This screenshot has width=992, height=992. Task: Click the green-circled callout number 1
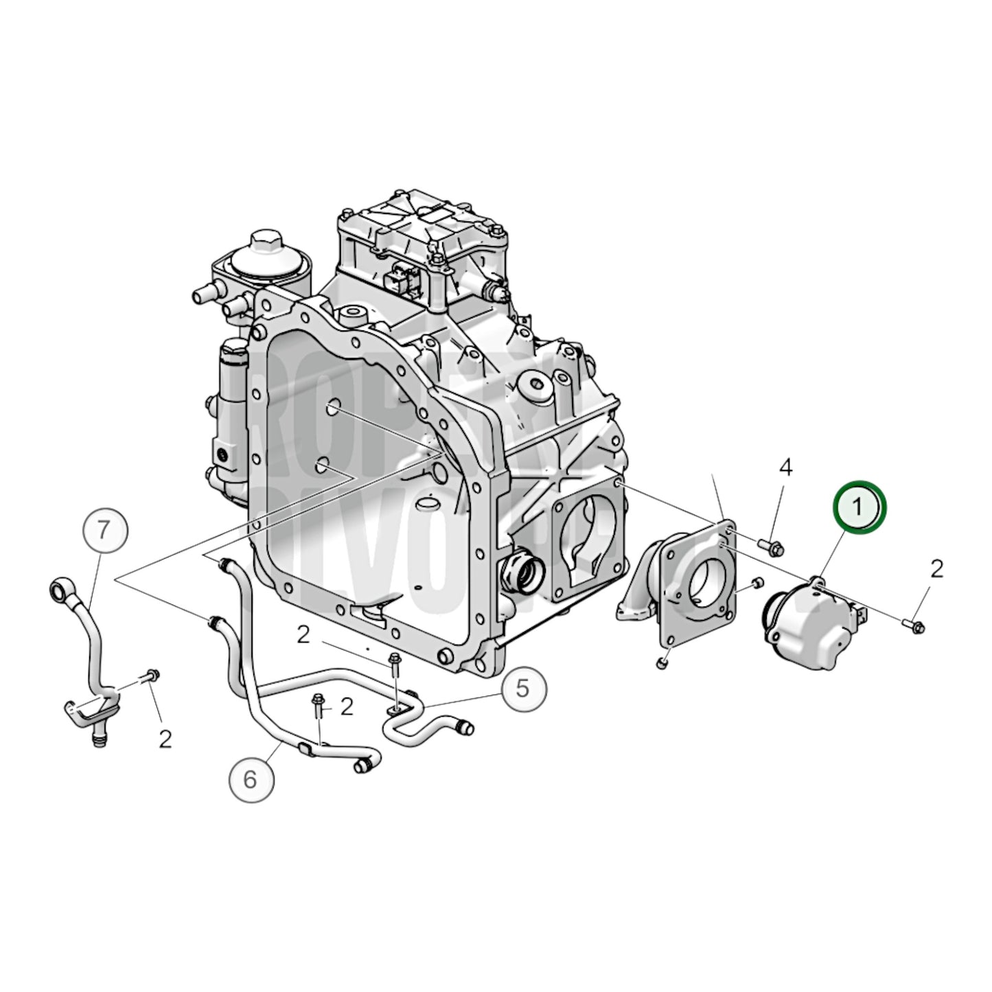[860, 507]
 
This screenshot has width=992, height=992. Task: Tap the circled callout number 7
[103, 530]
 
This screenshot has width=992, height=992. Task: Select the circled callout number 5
[523, 687]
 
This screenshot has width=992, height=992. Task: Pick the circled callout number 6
[251, 778]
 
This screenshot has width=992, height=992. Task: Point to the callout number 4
[785, 468]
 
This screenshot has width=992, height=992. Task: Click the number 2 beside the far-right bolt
[936, 569]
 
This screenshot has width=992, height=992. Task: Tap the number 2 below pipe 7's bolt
[165, 739]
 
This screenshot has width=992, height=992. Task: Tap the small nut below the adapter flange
[662, 663]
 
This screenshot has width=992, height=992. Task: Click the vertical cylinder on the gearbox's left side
[232, 419]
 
